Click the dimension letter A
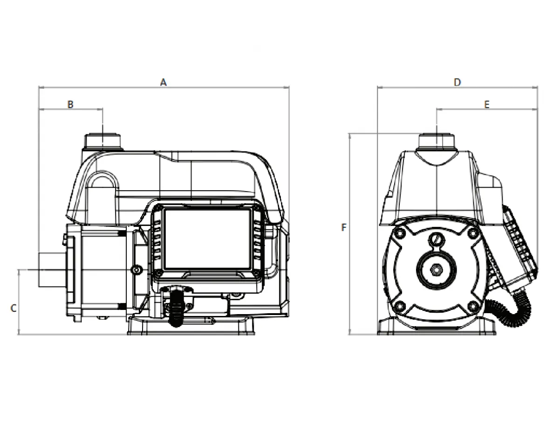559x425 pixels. [x=163, y=82]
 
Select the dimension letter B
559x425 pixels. [x=70, y=104]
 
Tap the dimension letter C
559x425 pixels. [x=14, y=308]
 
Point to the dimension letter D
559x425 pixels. [x=457, y=82]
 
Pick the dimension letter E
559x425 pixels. [x=487, y=104]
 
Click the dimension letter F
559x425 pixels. [x=343, y=228]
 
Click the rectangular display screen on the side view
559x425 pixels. [x=207, y=239]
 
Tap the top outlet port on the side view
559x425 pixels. [x=102, y=142]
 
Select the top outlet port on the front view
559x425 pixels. [x=436, y=142]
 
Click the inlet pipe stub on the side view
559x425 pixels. [x=52, y=270]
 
